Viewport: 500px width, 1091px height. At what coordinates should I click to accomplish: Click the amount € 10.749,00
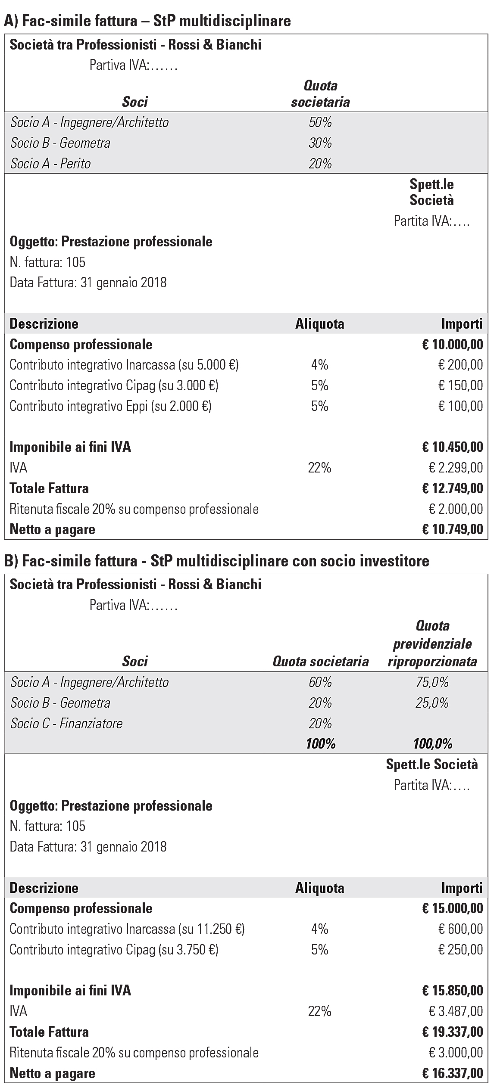click(x=453, y=529)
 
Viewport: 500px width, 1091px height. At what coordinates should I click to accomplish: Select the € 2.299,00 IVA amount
click(x=456, y=468)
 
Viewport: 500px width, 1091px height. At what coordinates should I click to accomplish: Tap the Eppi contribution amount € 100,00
click(x=460, y=406)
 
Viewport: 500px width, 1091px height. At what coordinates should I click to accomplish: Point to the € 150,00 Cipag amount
click(x=460, y=385)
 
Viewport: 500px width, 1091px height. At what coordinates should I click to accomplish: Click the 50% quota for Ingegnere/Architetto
click(x=320, y=123)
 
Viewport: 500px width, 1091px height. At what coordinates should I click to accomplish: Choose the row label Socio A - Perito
click(x=51, y=164)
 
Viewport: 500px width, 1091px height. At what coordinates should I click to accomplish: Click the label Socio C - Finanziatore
click(x=66, y=723)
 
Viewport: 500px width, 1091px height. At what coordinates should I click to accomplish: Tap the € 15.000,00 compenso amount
click(x=453, y=908)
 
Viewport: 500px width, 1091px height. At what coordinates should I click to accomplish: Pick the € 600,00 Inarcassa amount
click(x=460, y=929)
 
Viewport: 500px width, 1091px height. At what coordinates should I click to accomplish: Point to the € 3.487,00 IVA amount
click(x=456, y=1011)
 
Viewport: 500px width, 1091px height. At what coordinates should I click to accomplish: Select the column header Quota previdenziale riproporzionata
click(x=432, y=644)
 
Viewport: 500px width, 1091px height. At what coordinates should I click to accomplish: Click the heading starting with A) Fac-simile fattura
click(x=147, y=21)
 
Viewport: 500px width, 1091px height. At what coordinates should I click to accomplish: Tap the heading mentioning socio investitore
click(x=216, y=561)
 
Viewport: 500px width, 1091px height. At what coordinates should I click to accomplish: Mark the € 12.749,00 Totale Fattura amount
click(x=453, y=488)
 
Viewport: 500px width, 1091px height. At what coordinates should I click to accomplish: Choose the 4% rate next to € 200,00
click(x=320, y=365)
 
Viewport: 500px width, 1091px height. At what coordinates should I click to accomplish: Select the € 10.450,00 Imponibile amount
click(x=453, y=447)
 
